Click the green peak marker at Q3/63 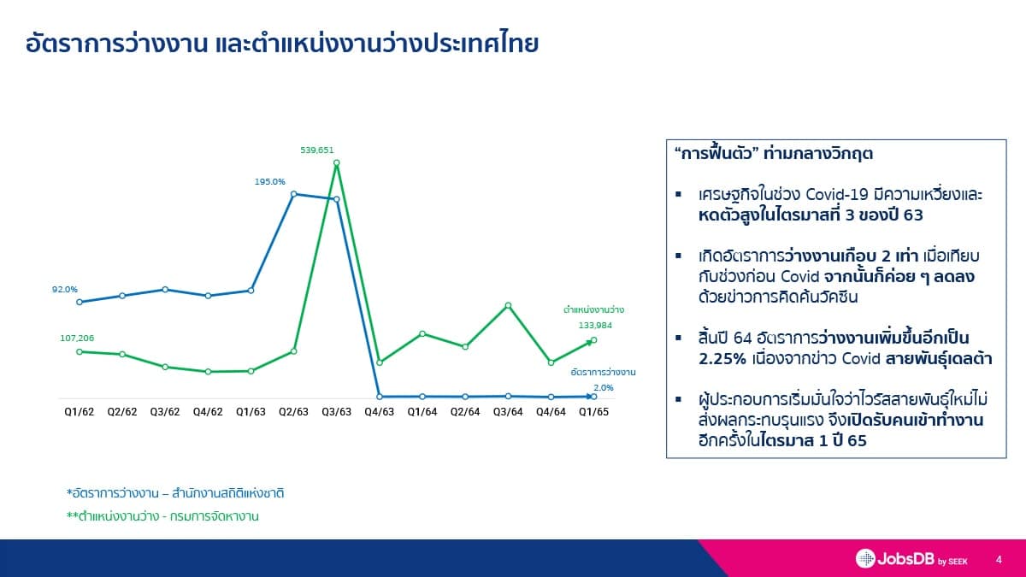(337, 162)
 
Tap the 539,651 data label (316, 150)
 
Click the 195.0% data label (269, 181)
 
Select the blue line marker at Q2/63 (294, 194)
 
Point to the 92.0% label (65, 290)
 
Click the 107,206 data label (77, 339)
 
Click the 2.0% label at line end (603, 388)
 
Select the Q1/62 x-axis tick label (79, 412)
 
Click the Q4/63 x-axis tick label (380, 412)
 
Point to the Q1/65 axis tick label (593, 412)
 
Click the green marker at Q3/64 (508, 305)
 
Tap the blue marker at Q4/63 (380, 397)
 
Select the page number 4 (999, 559)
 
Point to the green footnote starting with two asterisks (162, 516)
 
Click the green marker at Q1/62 (80, 351)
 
